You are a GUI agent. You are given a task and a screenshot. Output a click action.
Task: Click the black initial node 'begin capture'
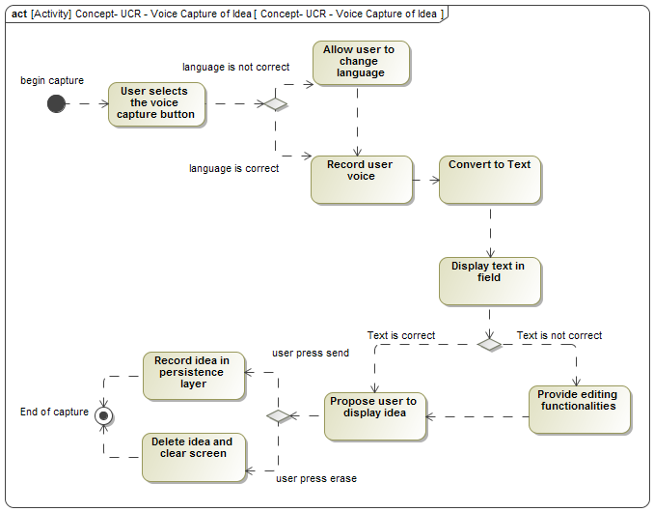click(x=56, y=103)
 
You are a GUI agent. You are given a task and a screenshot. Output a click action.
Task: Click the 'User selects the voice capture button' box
click(x=156, y=103)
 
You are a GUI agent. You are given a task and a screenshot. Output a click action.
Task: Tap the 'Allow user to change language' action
click(x=360, y=62)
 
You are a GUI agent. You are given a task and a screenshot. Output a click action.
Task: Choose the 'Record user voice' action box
click(x=361, y=180)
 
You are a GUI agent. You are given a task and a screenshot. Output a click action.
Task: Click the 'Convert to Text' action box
click(x=489, y=180)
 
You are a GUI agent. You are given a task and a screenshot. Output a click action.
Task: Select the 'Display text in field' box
click(x=489, y=281)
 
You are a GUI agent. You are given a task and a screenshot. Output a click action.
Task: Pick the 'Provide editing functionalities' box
click(x=579, y=410)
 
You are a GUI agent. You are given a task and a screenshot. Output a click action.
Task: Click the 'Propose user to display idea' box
click(x=374, y=416)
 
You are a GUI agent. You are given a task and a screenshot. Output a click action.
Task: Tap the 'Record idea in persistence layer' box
click(x=193, y=376)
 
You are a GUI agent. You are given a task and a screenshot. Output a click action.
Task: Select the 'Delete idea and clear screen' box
click(x=193, y=457)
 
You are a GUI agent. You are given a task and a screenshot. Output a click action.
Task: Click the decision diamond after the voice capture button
click(x=275, y=103)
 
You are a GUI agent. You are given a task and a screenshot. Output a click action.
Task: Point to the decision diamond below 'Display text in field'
click(x=489, y=344)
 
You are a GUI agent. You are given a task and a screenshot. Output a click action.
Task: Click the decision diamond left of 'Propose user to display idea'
click(x=279, y=416)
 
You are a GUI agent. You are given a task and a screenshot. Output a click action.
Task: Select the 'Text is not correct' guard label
click(x=559, y=335)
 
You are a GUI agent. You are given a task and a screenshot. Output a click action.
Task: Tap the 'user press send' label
click(x=311, y=353)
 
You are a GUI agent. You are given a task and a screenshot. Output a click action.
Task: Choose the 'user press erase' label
click(x=316, y=478)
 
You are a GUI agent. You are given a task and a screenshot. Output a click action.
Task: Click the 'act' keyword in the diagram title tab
click(x=18, y=14)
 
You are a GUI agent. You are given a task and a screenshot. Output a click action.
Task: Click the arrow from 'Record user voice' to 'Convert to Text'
click(x=425, y=180)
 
